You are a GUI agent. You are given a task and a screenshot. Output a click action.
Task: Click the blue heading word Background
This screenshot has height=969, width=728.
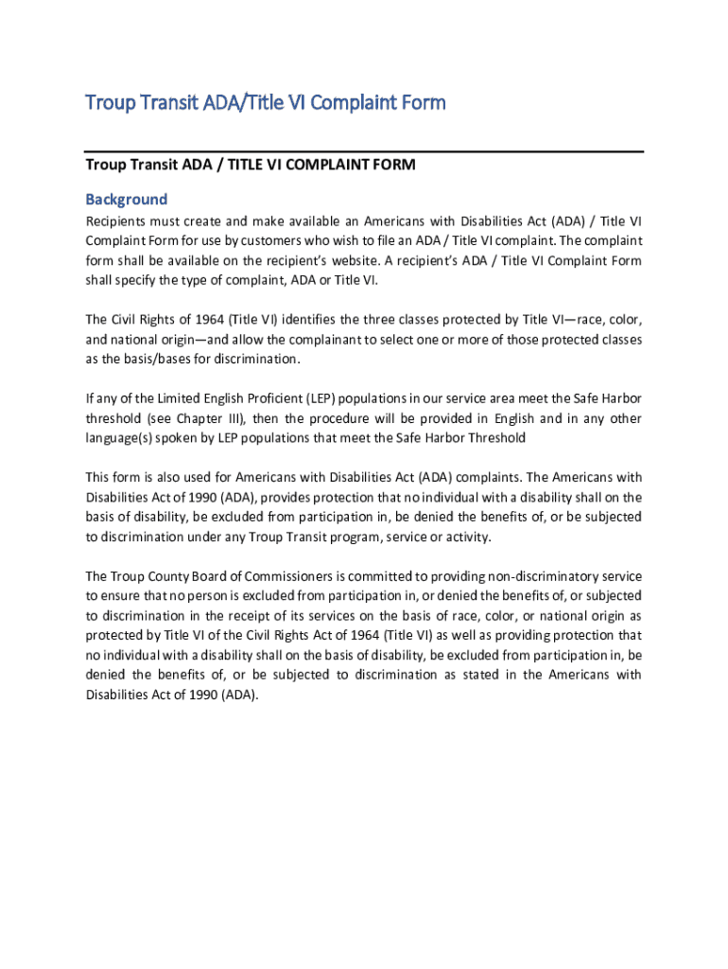(127, 200)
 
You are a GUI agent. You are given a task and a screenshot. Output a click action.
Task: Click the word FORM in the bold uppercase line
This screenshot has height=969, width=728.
(394, 165)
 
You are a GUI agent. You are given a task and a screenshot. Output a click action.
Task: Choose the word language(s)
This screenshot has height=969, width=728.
(120, 438)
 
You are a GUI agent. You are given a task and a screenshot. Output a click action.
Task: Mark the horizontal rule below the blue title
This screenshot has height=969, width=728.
(364, 150)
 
